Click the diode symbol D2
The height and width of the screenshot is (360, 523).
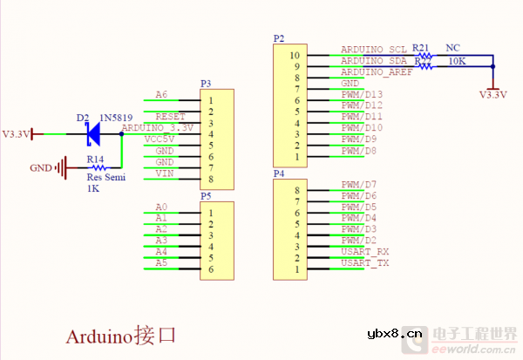pos(92,133)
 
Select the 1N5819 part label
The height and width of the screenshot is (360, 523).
pos(117,118)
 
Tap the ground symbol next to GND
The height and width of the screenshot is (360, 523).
pos(62,167)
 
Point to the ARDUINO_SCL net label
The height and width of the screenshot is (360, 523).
pos(374,50)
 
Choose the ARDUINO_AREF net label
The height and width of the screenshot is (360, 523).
pos(377,72)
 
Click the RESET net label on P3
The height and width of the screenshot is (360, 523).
pos(170,116)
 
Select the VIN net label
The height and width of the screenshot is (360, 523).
pos(164,173)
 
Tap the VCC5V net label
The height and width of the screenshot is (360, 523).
pos(160,139)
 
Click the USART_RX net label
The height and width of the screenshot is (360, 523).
pos(365,251)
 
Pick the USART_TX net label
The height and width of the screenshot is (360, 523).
pos(365,262)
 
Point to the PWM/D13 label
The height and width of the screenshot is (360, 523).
pos(362,94)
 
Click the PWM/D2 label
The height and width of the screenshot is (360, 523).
pos(359,240)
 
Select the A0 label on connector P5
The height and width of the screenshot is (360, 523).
pos(160,207)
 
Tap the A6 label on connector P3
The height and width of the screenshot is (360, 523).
pos(160,94)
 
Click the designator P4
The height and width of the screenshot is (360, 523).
pos(279,173)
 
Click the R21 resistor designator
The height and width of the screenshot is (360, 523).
pos(421,47)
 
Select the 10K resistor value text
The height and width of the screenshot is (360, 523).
pos(456,62)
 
